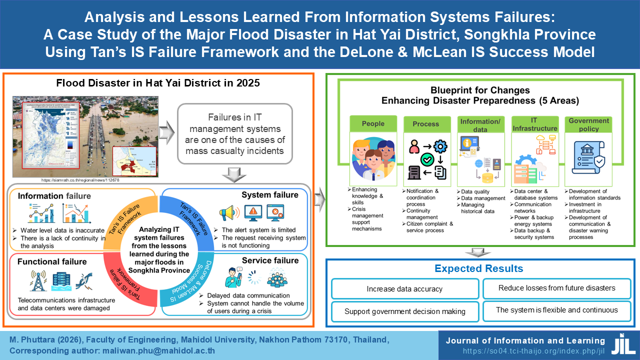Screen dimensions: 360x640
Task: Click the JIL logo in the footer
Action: coord(623,344)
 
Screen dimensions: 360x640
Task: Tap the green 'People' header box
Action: coord(373,123)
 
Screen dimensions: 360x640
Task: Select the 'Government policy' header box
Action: coord(588,124)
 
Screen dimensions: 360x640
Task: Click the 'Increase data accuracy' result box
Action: coord(404,288)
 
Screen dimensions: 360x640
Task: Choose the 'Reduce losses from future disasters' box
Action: coord(556,287)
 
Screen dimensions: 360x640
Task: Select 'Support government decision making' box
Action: coord(404,311)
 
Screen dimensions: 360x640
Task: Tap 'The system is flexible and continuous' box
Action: coord(556,310)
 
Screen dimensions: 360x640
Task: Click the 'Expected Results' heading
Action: coord(478,268)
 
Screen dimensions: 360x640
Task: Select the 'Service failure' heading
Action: coord(270,260)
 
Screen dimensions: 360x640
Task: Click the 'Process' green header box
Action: coord(425,124)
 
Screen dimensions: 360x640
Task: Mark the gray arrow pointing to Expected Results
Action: coord(479,251)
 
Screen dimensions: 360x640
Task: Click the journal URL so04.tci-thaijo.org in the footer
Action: coord(534,351)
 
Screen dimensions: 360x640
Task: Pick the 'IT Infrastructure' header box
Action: coord(534,124)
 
